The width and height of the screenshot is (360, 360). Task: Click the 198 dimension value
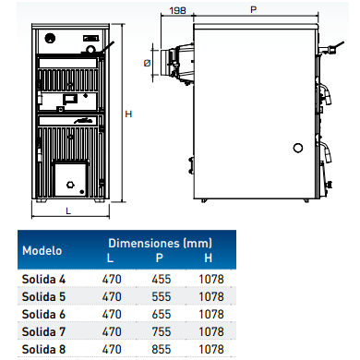click(x=178, y=10)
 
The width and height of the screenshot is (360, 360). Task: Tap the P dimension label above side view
click(x=253, y=10)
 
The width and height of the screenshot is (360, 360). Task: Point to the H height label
click(x=128, y=114)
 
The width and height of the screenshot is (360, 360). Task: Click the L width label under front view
click(x=68, y=210)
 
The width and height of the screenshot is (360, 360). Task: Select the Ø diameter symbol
click(x=147, y=63)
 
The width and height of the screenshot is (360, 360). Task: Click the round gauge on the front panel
click(x=50, y=39)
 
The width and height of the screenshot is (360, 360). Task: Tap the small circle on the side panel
click(x=298, y=148)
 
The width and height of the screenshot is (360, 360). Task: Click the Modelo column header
click(x=42, y=250)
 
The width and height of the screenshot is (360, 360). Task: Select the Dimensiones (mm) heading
click(x=161, y=243)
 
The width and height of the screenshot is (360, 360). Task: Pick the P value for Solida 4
click(x=162, y=279)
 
